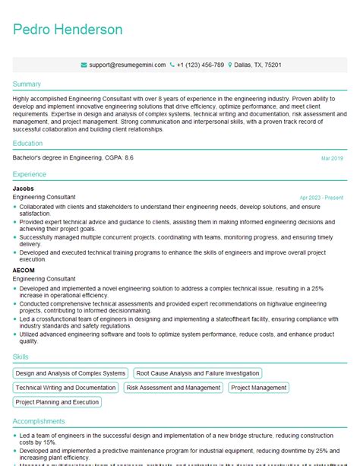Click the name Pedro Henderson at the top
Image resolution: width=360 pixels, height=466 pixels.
[68, 30]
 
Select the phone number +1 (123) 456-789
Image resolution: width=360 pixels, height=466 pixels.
[200, 65]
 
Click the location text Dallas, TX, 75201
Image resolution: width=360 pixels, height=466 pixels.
[257, 65]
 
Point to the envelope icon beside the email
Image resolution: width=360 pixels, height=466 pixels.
[84, 65]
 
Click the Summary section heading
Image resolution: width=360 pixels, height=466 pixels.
[27, 84]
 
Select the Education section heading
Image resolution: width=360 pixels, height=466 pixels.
[29, 143]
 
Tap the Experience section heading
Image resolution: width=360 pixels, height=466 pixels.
[30, 174]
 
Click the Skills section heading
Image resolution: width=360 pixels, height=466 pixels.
[21, 357]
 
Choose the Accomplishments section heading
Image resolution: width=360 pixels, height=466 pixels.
[39, 421]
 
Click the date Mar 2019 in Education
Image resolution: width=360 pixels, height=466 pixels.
[332, 158]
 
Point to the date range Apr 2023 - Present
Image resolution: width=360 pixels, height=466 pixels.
[321, 198]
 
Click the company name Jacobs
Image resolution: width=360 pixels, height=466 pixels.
[24, 189]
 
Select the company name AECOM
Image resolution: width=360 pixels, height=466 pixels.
[24, 270]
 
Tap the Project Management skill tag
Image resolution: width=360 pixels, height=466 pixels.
[258, 388]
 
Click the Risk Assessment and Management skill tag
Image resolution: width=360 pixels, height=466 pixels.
[173, 388]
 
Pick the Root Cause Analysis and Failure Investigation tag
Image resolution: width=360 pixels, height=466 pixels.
[197, 373]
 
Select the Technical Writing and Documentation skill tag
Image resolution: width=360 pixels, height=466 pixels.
[66, 388]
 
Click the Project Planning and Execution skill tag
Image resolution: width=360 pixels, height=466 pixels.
[57, 402]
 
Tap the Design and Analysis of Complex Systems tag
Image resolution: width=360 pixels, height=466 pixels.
[71, 373]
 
